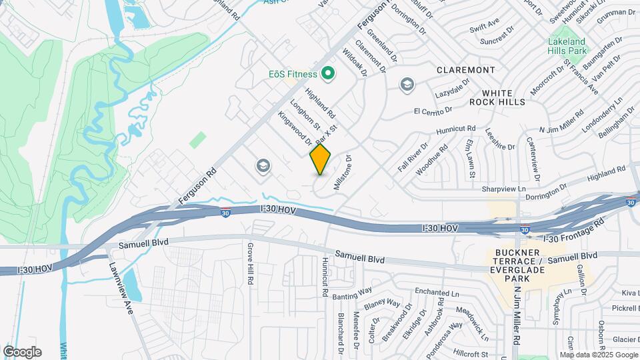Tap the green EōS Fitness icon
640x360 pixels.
pyautogui.click(x=327, y=73)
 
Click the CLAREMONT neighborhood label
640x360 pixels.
pyautogui.click(x=466, y=70)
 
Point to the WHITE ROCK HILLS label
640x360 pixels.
pyautogui.click(x=497, y=97)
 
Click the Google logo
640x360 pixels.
pyautogui.click(x=22, y=352)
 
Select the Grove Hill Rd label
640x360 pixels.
pyautogui.click(x=251, y=265)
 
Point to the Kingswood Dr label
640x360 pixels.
pyautogui.click(x=295, y=127)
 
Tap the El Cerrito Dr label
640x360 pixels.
pyautogui.click(x=433, y=109)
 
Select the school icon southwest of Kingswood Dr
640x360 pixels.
pyautogui.click(x=263, y=165)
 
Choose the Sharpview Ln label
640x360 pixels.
pyautogui.click(x=503, y=189)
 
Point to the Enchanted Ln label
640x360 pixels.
pyautogui.click(x=437, y=293)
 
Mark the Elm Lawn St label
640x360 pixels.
pyautogui.click(x=470, y=158)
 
